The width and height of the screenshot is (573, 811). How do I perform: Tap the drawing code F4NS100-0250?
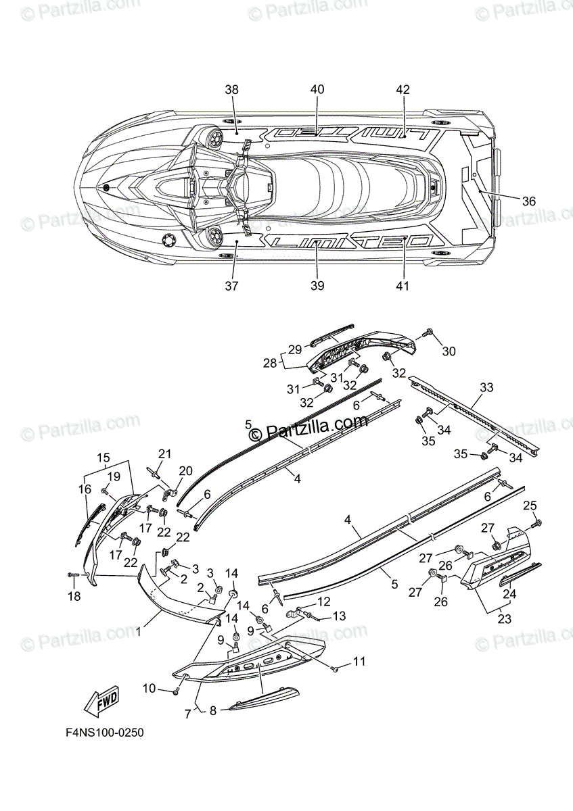(104, 733)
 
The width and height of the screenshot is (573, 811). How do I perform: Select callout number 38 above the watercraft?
(232, 90)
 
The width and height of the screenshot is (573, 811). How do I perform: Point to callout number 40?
(317, 90)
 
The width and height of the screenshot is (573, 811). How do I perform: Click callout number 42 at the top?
(403, 90)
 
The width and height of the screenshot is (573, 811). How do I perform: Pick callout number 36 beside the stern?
(528, 201)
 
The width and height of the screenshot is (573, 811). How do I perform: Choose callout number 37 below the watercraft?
(232, 286)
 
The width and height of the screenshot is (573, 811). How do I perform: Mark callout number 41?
(403, 286)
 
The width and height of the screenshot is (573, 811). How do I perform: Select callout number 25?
(530, 506)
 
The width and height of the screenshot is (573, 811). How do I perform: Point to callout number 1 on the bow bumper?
(138, 633)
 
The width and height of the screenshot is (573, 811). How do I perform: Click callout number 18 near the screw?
(73, 596)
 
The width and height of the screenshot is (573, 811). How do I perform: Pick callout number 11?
(358, 661)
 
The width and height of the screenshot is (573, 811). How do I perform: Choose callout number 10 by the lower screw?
(150, 689)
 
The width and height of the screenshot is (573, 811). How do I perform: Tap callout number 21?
(166, 453)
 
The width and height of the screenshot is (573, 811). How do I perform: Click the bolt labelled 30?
(428, 333)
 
